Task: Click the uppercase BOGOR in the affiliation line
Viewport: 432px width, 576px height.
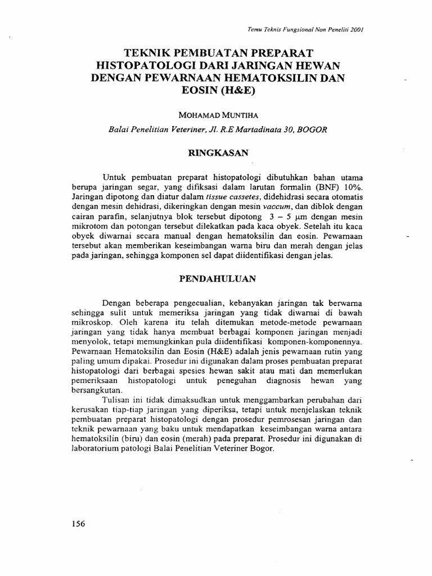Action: point(310,129)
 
